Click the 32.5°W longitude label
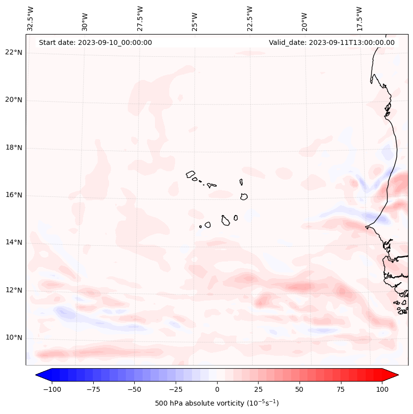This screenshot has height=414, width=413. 31,19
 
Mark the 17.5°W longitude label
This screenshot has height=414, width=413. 359,19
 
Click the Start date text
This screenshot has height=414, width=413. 95,42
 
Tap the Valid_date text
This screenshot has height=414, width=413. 332,42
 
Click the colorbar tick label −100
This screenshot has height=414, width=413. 52,389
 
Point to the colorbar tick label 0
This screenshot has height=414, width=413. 217,389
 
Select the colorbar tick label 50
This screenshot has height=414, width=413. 300,389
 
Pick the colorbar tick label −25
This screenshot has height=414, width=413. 175,389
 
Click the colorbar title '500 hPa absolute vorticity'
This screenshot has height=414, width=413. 217,403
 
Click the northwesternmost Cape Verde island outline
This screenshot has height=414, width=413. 190,174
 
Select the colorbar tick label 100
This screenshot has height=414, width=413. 382,389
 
